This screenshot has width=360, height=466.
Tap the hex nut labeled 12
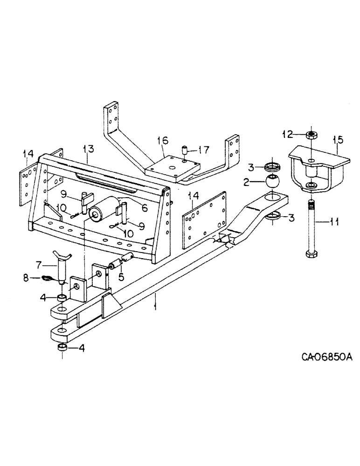click(312, 135)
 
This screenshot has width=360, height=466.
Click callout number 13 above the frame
click(89, 149)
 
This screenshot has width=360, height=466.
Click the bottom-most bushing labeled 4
click(62, 349)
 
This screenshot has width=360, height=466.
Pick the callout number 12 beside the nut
click(288, 135)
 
